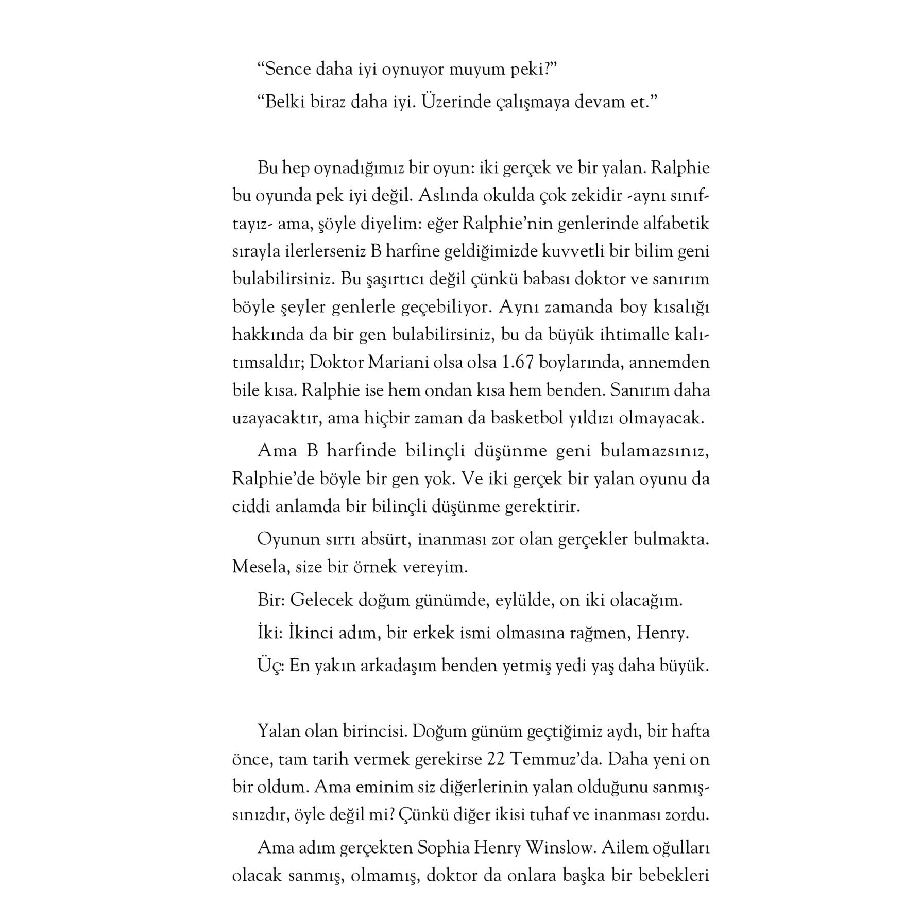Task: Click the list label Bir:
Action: click(x=271, y=600)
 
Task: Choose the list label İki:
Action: click(x=270, y=633)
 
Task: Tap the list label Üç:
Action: click(x=271, y=666)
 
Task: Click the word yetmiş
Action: click(x=552, y=666)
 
